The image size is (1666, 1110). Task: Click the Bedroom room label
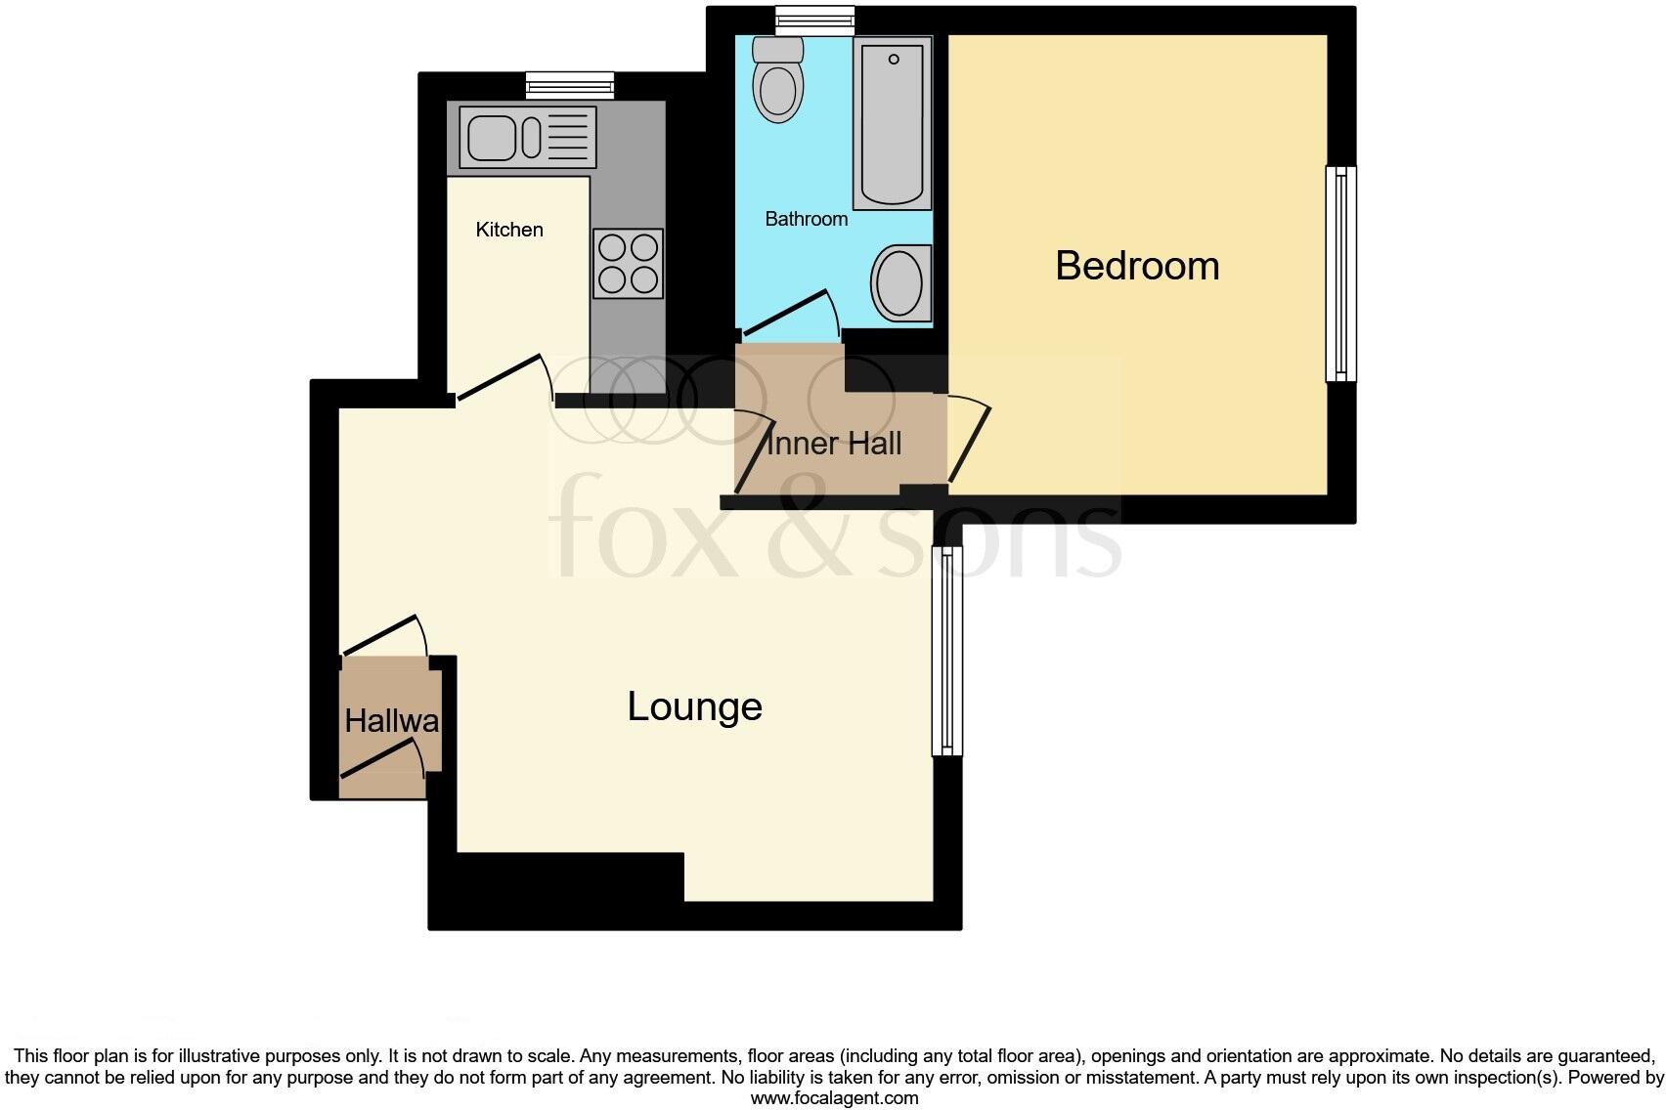coord(1137,266)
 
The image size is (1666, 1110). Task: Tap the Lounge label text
coord(694,706)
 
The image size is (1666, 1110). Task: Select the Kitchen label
coord(508,230)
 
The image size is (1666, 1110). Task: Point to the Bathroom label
coord(806,219)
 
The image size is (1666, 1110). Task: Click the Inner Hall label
coord(834,444)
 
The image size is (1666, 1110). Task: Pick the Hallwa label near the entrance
coord(391,721)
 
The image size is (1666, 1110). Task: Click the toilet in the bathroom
coord(779,81)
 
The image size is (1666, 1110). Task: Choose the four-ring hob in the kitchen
coord(628,264)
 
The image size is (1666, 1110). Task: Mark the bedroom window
coord(1340,274)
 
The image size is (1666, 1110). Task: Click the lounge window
coord(946,650)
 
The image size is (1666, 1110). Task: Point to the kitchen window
coord(570,86)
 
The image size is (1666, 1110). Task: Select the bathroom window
coord(814,20)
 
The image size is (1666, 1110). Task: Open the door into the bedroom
coord(969,442)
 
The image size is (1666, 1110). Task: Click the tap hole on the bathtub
coord(894,60)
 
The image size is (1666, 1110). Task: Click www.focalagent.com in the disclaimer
coord(834,1098)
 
